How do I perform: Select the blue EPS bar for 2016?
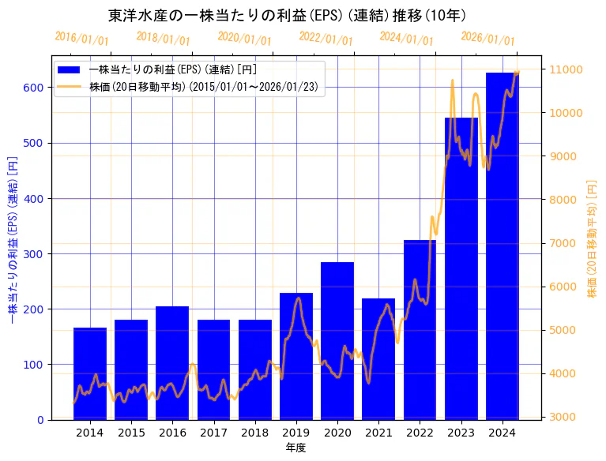[172, 363]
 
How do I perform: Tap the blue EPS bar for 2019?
[296, 356]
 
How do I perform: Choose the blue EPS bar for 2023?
[461, 268]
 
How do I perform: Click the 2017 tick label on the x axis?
[213, 433]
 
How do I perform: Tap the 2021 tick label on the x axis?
[378, 433]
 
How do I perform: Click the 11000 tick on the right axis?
[566, 69]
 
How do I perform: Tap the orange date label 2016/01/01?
[81, 38]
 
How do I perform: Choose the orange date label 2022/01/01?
[326, 38]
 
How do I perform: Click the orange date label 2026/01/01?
[487, 38]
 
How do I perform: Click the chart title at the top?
[287, 15]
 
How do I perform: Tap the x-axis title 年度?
[296, 448]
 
